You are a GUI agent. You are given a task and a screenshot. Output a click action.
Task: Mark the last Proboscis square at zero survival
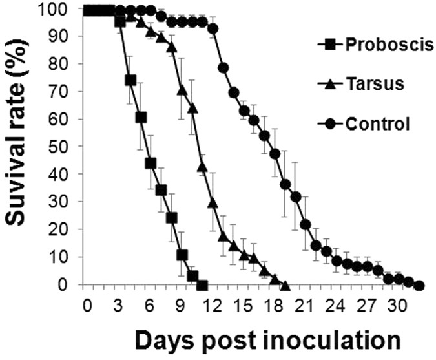point(202,285)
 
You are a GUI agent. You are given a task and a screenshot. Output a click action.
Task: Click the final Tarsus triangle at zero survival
point(285,285)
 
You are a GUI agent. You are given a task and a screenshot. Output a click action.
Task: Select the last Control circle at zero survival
point(419,285)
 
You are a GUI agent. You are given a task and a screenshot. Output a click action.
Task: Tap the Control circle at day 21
point(306,224)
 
